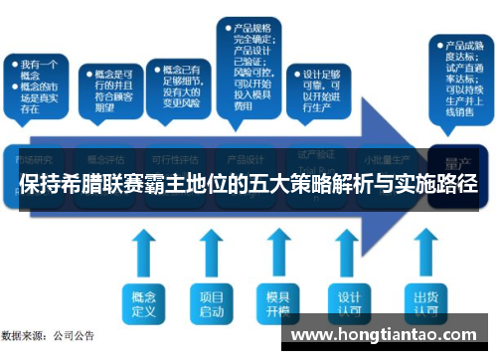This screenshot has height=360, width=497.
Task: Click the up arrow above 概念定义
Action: [143, 254]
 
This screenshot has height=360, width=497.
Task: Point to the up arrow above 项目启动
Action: [211, 254]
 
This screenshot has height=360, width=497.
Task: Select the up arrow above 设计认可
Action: [348, 254]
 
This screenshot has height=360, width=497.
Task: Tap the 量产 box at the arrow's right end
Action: [458, 159]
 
